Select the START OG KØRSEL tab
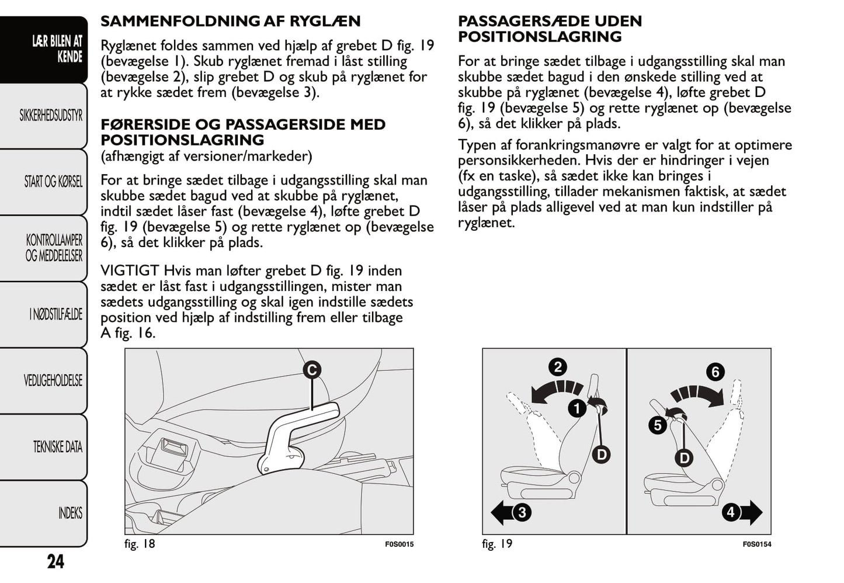pyautogui.click(x=53, y=182)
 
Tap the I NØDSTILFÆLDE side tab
pyautogui.click(x=55, y=314)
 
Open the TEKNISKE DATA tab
pyautogui.click(x=57, y=447)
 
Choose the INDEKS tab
pyautogui.click(x=70, y=513)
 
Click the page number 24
pyautogui.click(x=55, y=561)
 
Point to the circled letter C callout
pyautogui.click(x=312, y=370)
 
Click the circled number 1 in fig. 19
pyautogui.click(x=577, y=408)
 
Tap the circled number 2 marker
pyautogui.click(x=558, y=367)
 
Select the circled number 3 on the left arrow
pyautogui.click(x=522, y=512)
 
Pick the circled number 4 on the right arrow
pyautogui.click(x=731, y=512)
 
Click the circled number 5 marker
pyautogui.click(x=658, y=425)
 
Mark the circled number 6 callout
pyautogui.click(x=715, y=372)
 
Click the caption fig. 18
pyautogui.click(x=140, y=544)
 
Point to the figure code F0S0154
pyautogui.click(x=756, y=544)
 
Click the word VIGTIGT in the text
pyautogui.click(x=130, y=271)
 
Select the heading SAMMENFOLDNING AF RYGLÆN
pyautogui.click(x=230, y=22)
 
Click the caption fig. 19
pyautogui.click(x=497, y=544)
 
